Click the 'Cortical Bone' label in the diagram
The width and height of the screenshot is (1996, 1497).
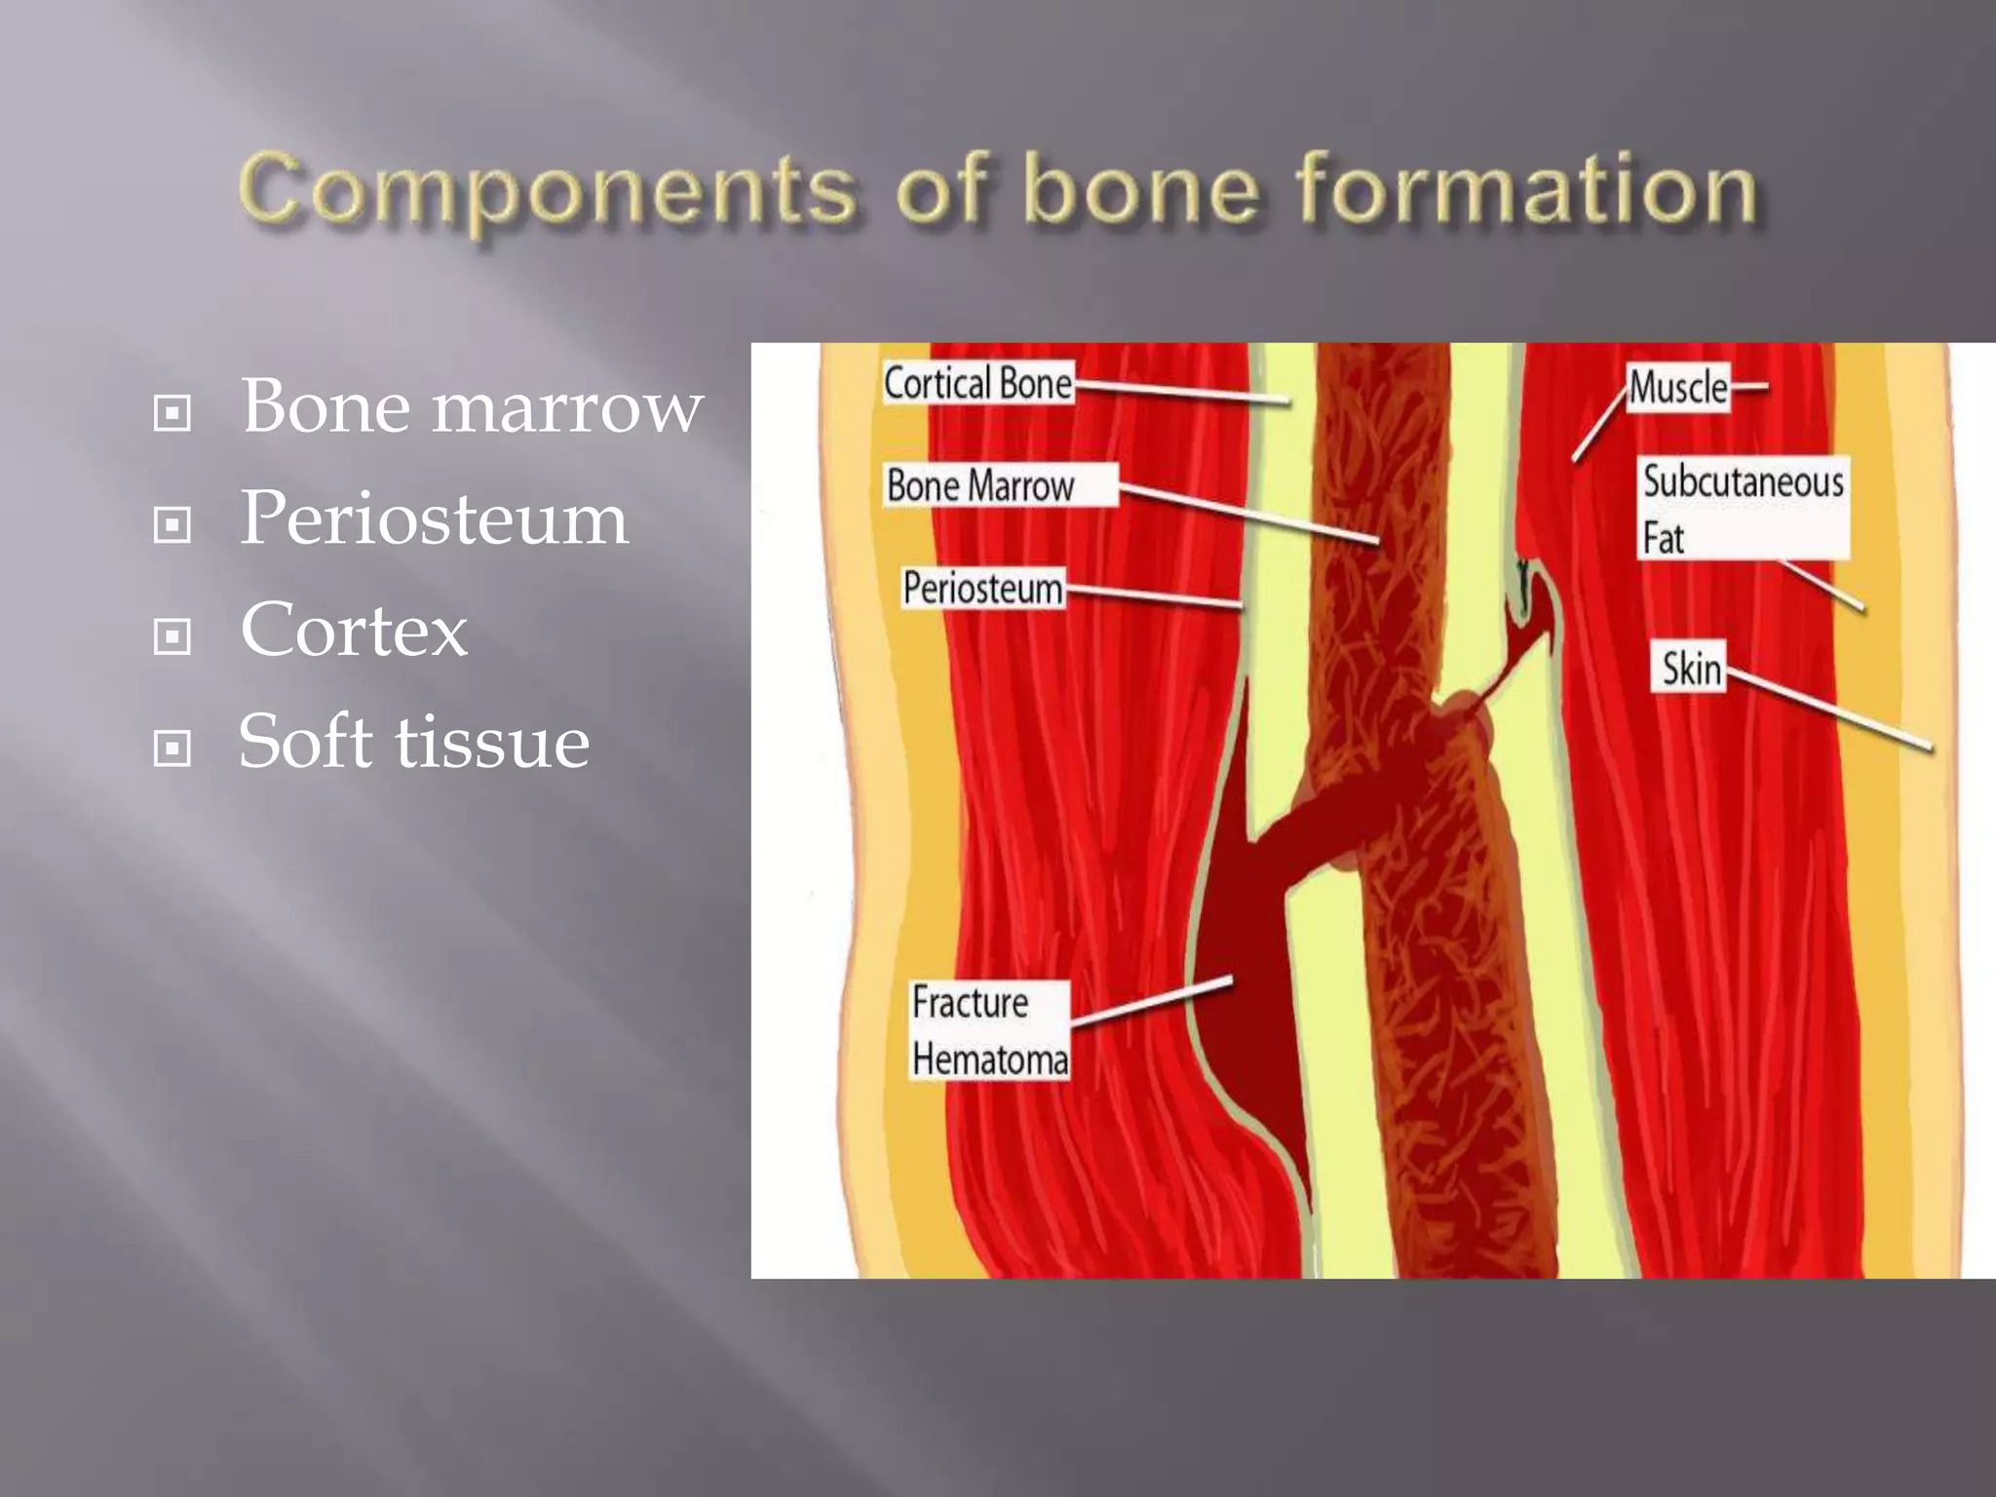tap(978, 383)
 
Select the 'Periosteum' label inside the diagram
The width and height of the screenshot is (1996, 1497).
tap(982, 588)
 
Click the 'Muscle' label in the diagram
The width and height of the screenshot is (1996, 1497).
tap(1678, 388)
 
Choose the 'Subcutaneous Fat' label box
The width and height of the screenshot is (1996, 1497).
tap(1743, 509)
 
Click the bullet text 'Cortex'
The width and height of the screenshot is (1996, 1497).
tap(354, 630)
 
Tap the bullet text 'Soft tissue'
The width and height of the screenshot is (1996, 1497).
tap(414, 742)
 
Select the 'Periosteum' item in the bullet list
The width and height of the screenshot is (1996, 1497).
tap(434, 518)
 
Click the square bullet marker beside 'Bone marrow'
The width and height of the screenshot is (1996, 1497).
tap(173, 413)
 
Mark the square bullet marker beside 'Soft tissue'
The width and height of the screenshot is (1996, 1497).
tap(173, 748)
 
